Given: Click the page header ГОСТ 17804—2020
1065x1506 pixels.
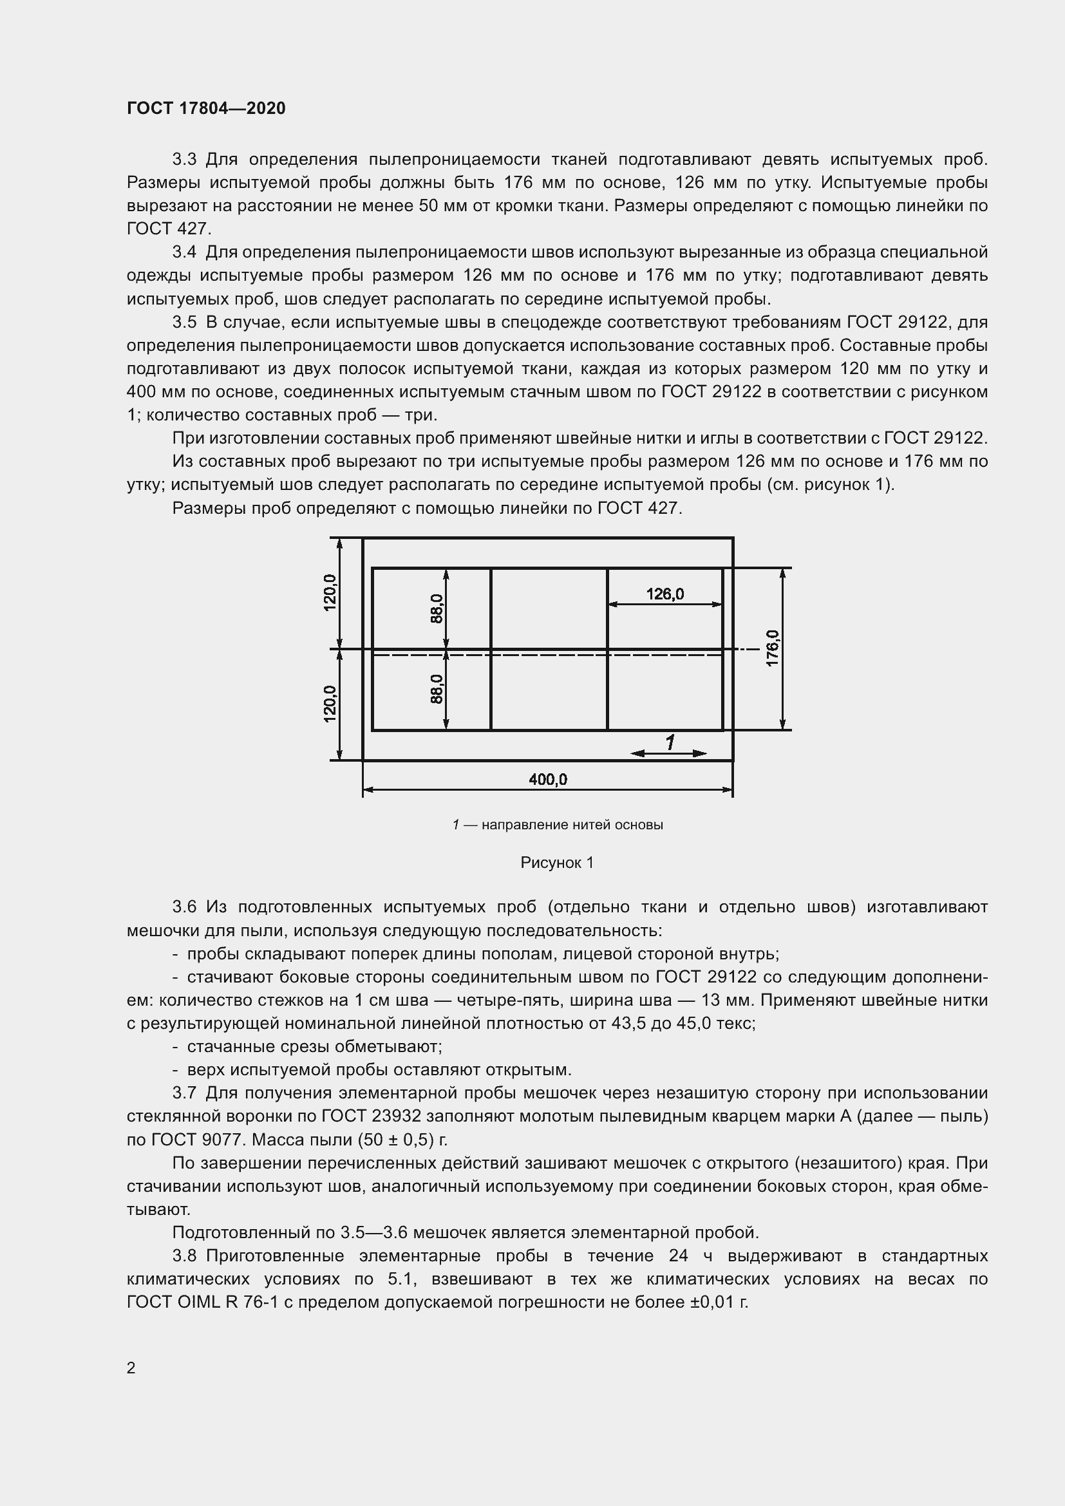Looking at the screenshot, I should coord(206,108).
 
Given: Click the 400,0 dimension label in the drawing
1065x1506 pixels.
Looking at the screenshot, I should coord(547,779).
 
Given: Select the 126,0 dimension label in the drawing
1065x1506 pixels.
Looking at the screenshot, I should coord(664,594).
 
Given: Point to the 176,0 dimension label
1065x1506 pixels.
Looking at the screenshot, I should coord(772,648).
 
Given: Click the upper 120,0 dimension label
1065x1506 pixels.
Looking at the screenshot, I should coord(330,592).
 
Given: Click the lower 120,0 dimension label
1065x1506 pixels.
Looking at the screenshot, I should coord(330,704).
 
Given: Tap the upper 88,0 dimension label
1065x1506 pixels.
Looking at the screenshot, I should coord(437,608).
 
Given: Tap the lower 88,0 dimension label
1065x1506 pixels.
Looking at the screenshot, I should coord(437,690).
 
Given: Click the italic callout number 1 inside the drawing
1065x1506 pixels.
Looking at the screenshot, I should coord(670,742).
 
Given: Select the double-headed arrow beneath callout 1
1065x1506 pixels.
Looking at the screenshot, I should coord(668,754).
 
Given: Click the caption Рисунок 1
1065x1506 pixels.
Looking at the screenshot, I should coord(557,863).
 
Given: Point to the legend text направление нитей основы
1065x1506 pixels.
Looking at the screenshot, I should coord(572,825).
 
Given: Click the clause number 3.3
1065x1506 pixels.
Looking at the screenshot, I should coord(184,160).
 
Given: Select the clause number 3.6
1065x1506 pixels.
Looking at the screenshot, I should coord(184,907).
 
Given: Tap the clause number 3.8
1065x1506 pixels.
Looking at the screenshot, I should coord(184,1256).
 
